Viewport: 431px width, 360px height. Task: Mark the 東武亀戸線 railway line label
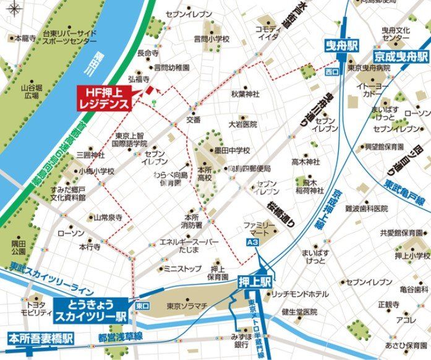coord(403,184)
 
